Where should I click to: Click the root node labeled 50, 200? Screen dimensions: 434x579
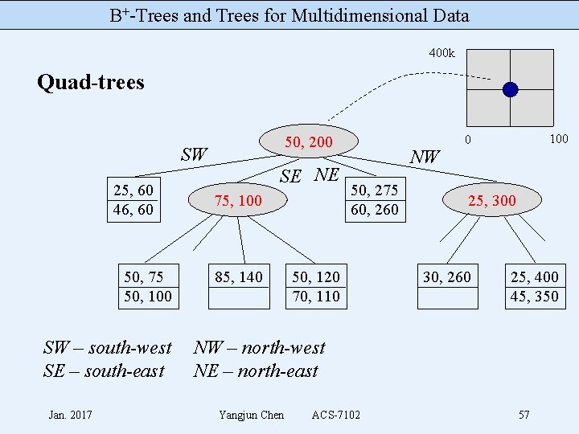(x=309, y=142)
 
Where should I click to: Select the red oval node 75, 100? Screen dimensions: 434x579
(x=238, y=200)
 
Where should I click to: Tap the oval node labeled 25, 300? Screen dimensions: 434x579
(x=492, y=200)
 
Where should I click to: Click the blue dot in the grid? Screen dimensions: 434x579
(x=511, y=89)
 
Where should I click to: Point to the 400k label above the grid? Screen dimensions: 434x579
(x=441, y=53)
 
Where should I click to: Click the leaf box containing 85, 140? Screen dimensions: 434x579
(x=239, y=287)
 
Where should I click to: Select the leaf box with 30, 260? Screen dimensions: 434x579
(x=447, y=287)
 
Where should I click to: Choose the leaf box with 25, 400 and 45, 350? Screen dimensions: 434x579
(x=534, y=287)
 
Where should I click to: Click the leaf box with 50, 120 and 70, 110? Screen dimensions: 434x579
(x=316, y=287)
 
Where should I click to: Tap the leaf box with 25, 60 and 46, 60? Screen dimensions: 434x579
(x=134, y=200)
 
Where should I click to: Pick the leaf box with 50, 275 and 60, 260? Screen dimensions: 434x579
(x=374, y=200)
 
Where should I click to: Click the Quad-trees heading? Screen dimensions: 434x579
(x=91, y=82)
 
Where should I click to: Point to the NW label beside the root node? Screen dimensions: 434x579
(x=425, y=157)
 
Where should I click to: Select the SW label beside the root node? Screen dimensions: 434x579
(x=194, y=154)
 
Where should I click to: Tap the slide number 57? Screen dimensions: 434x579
(x=524, y=415)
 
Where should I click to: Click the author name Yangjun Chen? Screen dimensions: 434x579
(x=251, y=415)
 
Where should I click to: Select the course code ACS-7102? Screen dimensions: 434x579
(x=336, y=415)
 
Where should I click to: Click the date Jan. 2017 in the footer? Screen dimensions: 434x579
(x=70, y=415)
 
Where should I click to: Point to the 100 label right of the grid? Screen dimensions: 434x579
(x=559, y=139)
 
